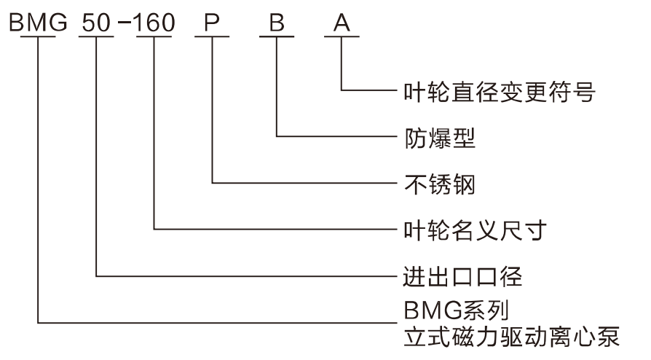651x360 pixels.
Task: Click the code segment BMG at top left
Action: coord(38,23)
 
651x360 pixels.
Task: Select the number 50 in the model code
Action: coord(96,23)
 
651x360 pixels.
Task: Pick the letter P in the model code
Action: coord(212,23)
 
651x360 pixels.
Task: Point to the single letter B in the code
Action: coord(276,23)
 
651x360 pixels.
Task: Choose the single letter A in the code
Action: coord(341,23)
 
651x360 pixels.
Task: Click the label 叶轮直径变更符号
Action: coord(500,92)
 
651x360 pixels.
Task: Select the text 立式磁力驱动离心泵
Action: coord(510,337)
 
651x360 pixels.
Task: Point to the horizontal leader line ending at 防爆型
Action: coord(335,136)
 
